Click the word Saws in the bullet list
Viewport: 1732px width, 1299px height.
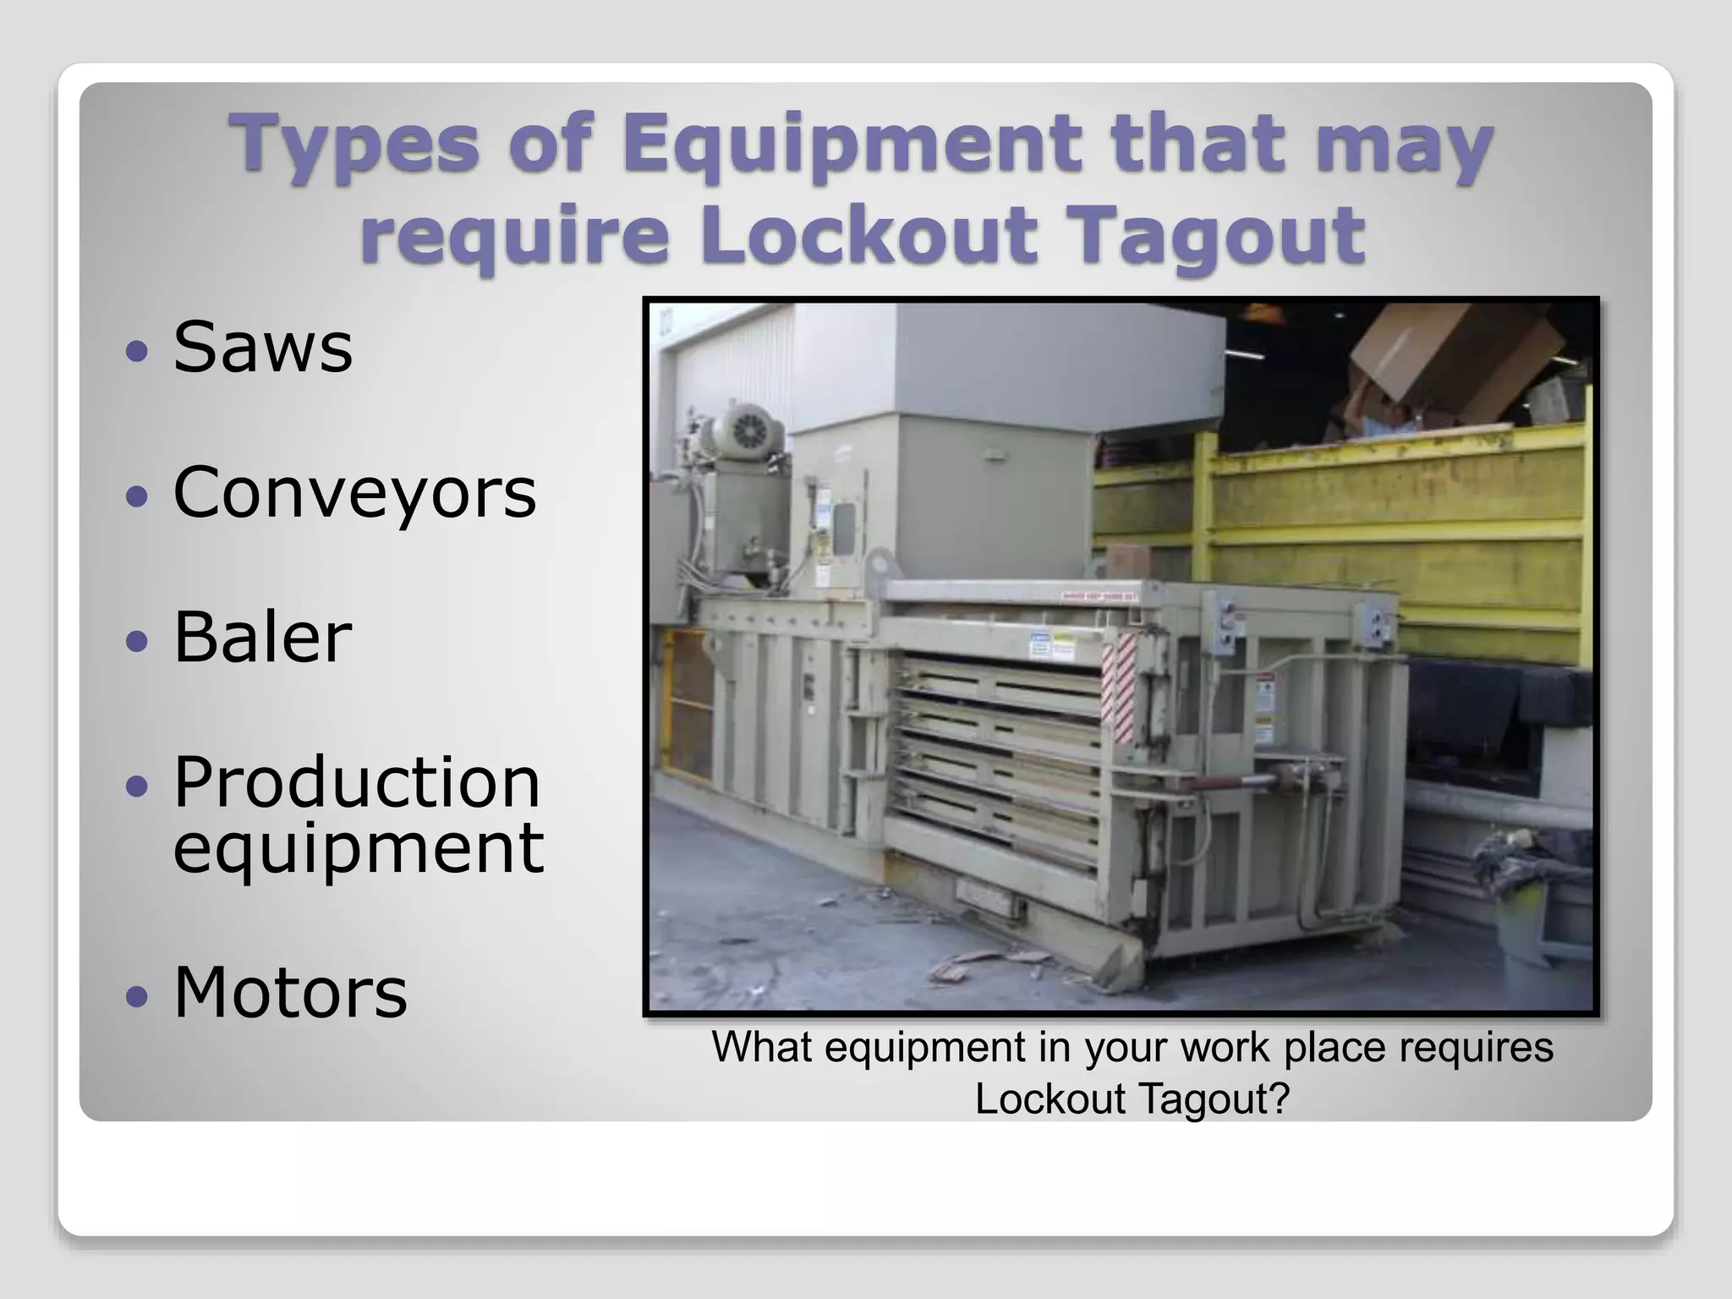[262, 348]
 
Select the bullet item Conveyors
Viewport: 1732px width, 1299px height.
[354, 492]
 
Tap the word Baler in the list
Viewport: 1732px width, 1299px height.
[262, 637]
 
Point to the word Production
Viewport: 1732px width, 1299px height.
[356, 782]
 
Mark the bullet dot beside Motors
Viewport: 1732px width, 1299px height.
[137, 995]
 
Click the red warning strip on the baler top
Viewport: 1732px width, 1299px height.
[1099, 597]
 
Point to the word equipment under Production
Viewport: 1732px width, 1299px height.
[359, 849]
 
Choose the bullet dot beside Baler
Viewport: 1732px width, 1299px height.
[137, 640]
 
